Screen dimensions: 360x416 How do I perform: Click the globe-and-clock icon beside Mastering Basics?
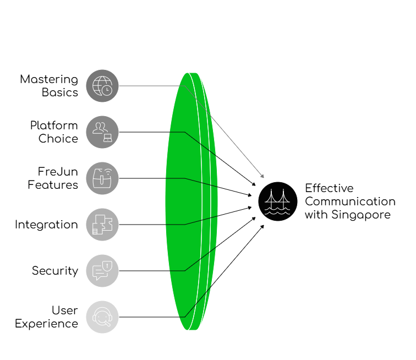pyautogui.click(x=102, y=86)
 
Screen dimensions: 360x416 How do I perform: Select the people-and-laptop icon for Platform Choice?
pyautogui.click(x=102, y=132)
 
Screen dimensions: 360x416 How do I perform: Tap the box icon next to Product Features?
pyautogui.click(x=102, y=178)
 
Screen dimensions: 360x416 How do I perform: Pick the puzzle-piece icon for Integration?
pyautogui.click(x=102, y=225)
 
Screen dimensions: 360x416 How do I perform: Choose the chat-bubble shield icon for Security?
pyautogui.click(x=102, y=271)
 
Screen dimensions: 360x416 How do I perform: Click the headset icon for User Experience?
pyautogui.click(x=102, y=317)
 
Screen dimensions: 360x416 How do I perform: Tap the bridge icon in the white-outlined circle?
pyautogui.click(x=278, y=201)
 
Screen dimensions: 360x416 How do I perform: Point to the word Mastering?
pyautogui.click(x=50, y=79)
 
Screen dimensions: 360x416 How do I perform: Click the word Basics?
pyautogui.click(x=60, y=92)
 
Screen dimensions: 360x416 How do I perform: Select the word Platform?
pyautogui.click(x=54, y=126)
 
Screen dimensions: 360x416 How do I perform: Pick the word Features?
pyautogui.click(x=53, y=184)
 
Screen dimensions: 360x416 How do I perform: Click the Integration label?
pyautogui.click(x=47, y=225)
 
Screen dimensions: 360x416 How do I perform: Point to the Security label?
pyautogui.click(x=54, y=271)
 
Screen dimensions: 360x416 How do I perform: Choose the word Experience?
pyautogui.click(x=47, y=324)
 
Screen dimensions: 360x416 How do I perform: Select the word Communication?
pyautogui.click(x=350, y=201)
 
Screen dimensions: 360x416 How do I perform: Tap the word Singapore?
pyautogui.click(x=363, y=215)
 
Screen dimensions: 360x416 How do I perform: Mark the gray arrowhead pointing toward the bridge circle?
pyautogui.click(x=262, y=176)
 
